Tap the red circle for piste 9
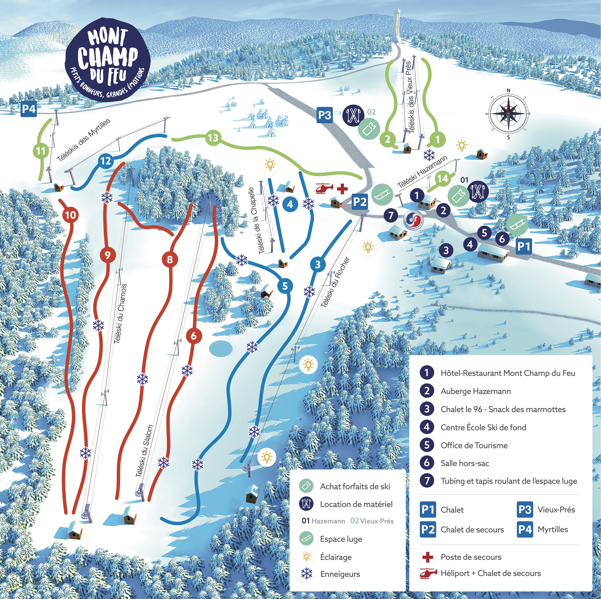(108, 255)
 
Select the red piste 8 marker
(170, 259)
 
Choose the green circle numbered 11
(41, 151)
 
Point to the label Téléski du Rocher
(335, 282)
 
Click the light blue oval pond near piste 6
(221, 348)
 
